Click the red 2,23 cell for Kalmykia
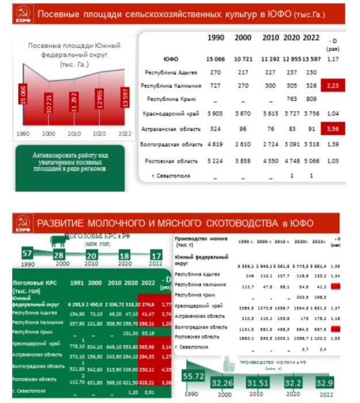[x=332, y=86]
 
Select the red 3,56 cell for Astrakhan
[x=332, y=129]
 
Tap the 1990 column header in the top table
[x=216, y=38]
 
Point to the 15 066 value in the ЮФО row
[x=215, y=59]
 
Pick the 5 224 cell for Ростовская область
[x=215, y=160]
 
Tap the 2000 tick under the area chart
[x=49, y=134]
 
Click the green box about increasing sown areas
[x=70, y=162]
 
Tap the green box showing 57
[x=26, y=254]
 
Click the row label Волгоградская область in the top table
[x=171, y=144]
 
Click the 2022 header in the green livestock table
[x=148, y=283]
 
